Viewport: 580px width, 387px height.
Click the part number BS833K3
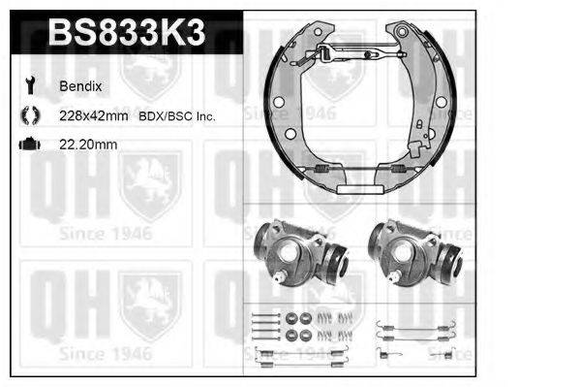[x=126, y=33]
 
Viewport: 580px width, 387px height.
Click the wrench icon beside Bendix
[x=27, y=85]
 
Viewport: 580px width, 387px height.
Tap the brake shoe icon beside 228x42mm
[x=27, y=115]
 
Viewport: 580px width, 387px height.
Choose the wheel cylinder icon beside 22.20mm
[x=27, y=145]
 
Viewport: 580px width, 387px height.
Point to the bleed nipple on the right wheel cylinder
[x=394, y=278]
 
